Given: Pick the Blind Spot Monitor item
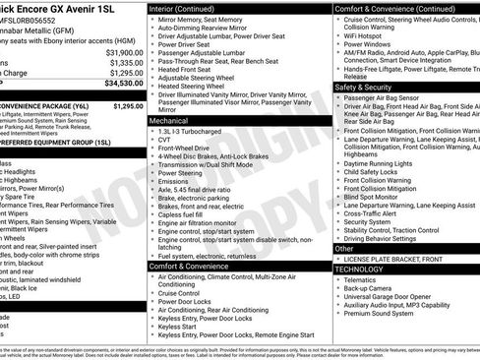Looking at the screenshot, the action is [377, 197].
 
